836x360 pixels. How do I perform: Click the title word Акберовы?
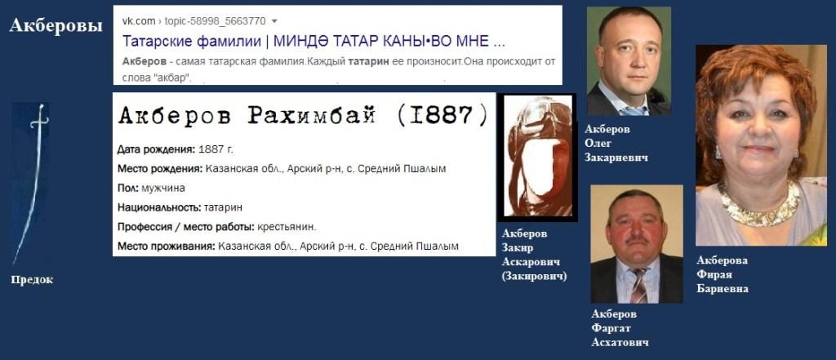coord(56,25)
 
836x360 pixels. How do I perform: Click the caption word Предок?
coord(32,280)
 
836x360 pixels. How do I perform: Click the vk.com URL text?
coord(194,21)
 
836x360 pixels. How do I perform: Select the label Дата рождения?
coord(156,150)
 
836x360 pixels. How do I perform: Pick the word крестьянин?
coord(287,227)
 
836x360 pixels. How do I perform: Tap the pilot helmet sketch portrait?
coord(537,158)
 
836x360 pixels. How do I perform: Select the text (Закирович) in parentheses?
coord(534,276)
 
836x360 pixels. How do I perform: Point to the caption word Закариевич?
coord(616,158)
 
